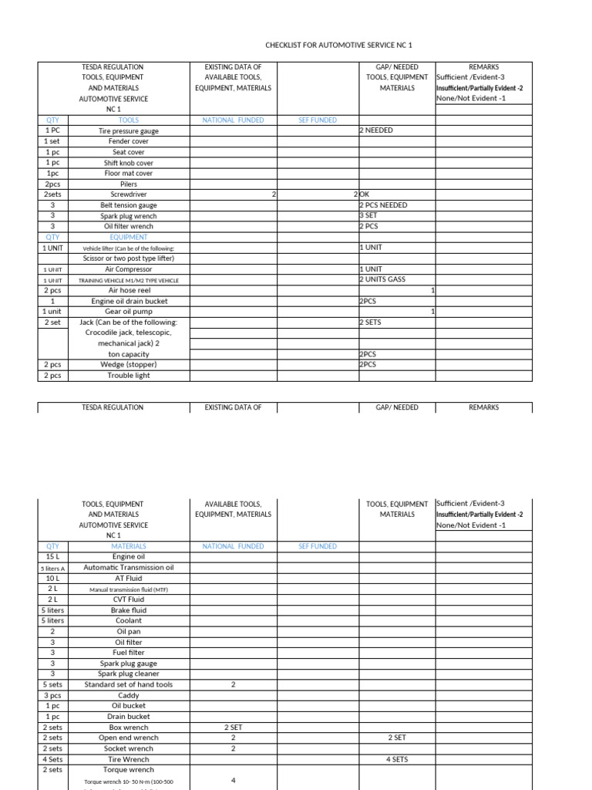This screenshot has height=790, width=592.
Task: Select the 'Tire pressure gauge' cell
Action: tap(129, 131)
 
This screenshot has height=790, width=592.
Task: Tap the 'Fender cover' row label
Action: tap(129, 142)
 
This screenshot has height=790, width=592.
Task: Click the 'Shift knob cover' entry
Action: tap(129, 164)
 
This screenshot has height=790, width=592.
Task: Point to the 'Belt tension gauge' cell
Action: tap(129, 206)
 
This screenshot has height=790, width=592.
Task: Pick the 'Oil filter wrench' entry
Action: tap(129, 227)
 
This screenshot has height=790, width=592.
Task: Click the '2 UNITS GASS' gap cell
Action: tap(382, 279)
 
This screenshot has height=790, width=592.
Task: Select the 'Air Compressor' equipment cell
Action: tap(129, 269)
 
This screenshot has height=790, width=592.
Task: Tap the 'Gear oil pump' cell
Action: tap(129, 312)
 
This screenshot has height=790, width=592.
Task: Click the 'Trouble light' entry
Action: tap(129, 376)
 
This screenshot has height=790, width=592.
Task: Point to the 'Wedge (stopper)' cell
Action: tap(129, 364)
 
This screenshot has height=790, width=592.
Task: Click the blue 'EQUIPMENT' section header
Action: tap(129, 238)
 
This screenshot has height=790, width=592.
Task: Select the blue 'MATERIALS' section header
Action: tap(129, 546)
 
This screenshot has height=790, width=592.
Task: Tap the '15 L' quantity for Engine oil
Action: tap(52, 556)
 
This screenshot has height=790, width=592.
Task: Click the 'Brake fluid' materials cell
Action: tap(129, 610)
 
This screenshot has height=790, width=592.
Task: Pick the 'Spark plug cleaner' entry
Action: tap(129, 674)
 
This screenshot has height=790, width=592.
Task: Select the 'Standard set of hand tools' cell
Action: tap(129, 684)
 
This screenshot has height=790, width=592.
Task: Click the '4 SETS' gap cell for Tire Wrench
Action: tap(397, 759)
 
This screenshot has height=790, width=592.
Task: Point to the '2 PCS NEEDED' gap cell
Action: tap(384, 205)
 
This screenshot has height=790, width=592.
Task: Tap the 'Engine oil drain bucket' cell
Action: tap(129, 301)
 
